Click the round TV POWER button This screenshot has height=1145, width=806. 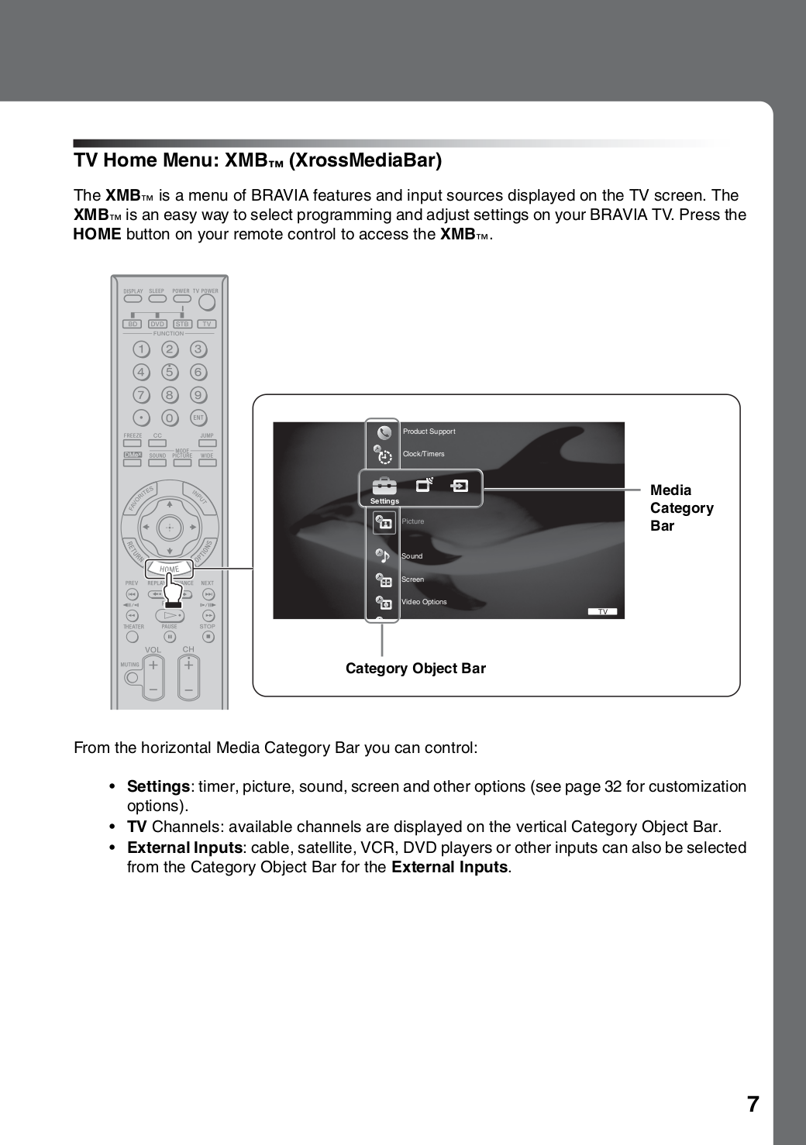tap(207, 298)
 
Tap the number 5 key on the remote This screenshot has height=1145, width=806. tap(169, 372)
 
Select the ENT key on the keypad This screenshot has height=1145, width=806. tap(198, 418)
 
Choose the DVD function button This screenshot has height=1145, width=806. tap(157, 324)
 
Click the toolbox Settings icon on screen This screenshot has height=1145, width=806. tap(384, 487)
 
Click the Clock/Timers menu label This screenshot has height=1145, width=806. tap(423, 454)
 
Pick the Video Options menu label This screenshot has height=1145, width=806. tap(424, 602)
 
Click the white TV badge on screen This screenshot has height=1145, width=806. tap(602, 612)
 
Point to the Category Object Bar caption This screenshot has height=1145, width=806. tap(415, 669)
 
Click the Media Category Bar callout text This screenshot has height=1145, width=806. tap(681, 508)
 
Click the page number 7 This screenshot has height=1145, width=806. tap(753, 1104)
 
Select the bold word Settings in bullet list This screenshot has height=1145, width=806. tap(158, 786)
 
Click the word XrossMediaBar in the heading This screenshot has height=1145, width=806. tap(364, 160)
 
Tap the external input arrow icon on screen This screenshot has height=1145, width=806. tap(460, 487)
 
